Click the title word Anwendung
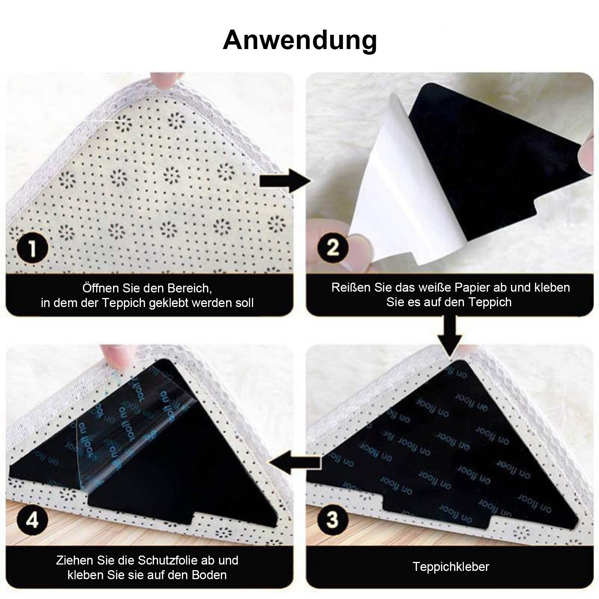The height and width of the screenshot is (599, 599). pos(299,40)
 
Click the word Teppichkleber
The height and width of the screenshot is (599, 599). pos(451,566)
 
